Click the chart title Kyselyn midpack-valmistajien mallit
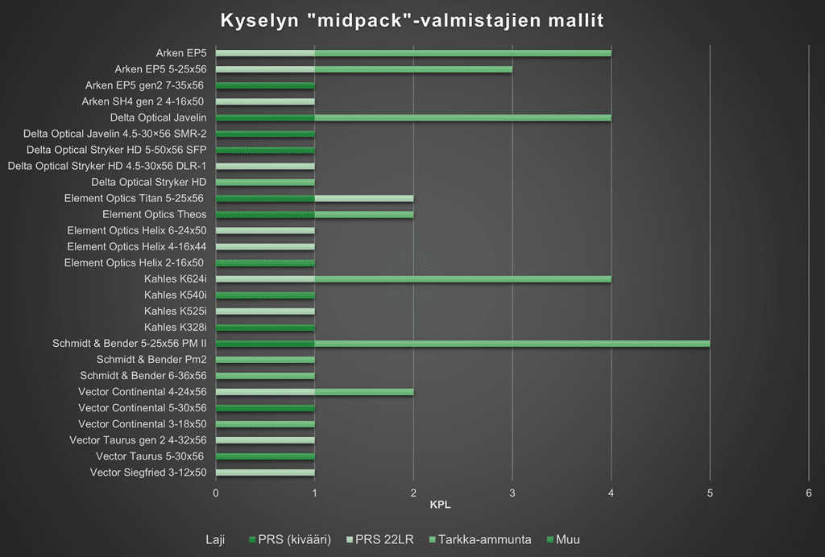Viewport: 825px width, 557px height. click(x=412, y=19)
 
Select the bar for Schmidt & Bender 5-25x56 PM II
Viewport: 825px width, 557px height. click(x=462, y=344)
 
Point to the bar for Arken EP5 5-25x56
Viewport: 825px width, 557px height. click(x=364, y=69)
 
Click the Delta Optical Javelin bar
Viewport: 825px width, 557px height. click(x=413, y=118)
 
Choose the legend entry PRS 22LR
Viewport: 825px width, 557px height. click(x=380, y=539)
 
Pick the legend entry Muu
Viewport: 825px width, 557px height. click(x=568, y=539)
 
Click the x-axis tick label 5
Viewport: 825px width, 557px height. click(x=710, y=493)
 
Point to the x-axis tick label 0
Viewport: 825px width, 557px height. click(x=216, y=493)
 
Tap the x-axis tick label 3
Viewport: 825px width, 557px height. click(x=512, y=493)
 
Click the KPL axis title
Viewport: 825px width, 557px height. click(x=440, y=506)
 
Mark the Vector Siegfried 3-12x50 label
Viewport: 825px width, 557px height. click(x=148, y=472)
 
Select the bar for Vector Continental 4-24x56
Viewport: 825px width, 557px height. click(x=314, y=392)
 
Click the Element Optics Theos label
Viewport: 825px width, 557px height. click(x=154, y=214)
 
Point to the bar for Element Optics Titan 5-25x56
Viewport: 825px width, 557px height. click(x=314, y=198)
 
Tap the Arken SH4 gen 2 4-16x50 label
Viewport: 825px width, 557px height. click(x=143, y=101)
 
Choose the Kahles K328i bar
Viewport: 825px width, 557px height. click(x=265, y=328)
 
